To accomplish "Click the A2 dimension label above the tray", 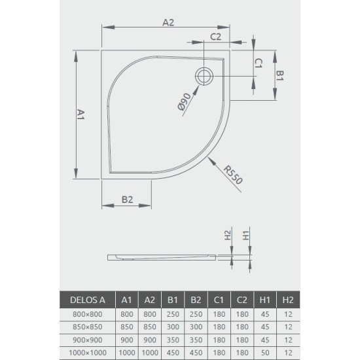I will (x=168, y=22).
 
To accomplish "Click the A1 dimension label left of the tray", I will (x=81, y=116).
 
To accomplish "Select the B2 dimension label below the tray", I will (x=128, y=200).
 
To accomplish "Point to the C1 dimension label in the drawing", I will (x=259, y=63).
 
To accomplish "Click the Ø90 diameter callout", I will (x=185, y=103).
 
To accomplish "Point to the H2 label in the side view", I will (x=228, y=235).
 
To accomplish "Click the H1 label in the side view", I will (x=246, y=235).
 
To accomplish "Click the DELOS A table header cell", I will (x=88, y=300).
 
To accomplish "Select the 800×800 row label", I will (x=88, y=314).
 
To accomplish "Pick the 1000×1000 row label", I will (x=88, y=353).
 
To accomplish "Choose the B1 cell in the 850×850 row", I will (x=173, y=327).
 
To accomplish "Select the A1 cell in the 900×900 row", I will (x=127, y=340).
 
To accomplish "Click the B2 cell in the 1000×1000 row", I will (x=195, y=353).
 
